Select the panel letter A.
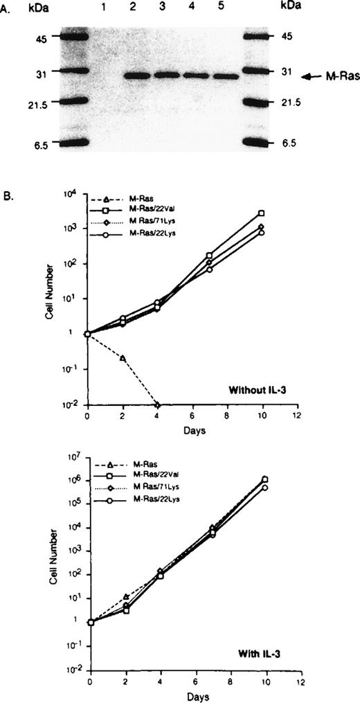[x=6, y=9]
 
